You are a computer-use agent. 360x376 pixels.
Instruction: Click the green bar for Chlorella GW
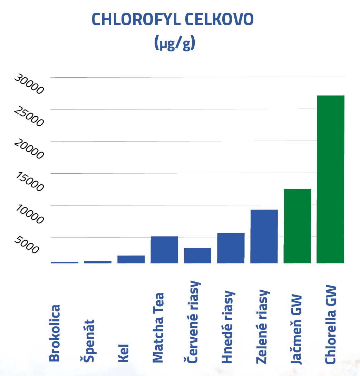[330, 179]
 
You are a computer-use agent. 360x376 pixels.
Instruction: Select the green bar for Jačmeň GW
[297, 226]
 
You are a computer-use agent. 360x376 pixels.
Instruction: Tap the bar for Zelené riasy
[264, 236]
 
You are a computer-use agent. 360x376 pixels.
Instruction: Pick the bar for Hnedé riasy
[231, 248]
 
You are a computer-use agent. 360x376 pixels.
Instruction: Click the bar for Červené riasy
[197, 256]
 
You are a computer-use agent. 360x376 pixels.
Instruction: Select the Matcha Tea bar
[164, 250]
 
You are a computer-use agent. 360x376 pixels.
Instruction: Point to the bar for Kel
[131, 259]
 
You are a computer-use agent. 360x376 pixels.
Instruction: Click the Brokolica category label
[55, 333]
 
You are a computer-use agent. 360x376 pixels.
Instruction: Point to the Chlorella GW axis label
[331, 325]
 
